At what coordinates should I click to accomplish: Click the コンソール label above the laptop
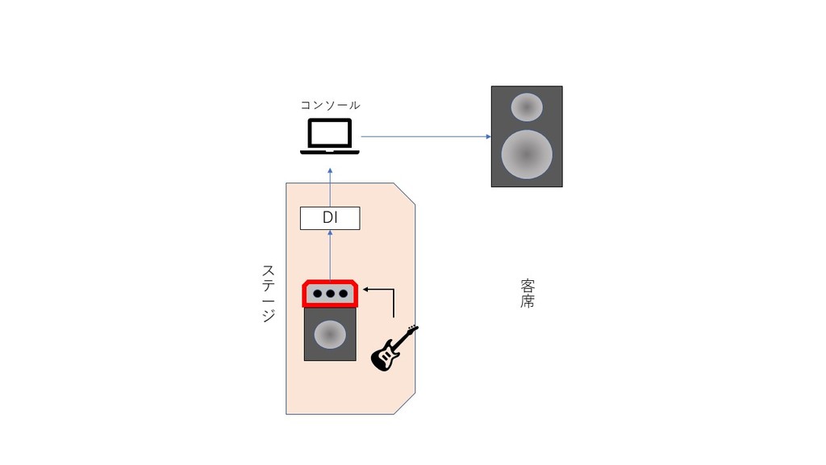(330, 106)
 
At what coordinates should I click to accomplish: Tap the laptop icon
(330, 136)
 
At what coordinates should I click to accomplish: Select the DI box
(330, 218)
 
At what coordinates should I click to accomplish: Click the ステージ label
(269, 293)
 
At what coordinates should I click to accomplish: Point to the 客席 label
(528, 293)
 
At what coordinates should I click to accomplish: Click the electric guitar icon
(394, 348)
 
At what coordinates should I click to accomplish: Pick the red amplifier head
(330, 293)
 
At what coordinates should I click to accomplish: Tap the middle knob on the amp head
(330, 294)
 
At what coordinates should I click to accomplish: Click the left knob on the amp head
(318, 294)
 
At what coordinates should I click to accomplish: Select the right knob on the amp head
(344, 294)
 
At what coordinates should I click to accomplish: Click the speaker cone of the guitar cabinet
(330, 334)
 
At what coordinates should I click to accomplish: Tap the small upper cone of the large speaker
(527, 107)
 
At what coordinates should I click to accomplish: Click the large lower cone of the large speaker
(527, 154)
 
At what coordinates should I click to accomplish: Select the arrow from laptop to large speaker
(426, 136)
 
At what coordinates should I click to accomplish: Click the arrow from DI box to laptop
(330, 187)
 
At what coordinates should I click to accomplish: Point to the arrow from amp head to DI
(330, 255)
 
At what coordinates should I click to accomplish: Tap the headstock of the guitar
(412, 329)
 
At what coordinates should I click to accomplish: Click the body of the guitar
(384, 356)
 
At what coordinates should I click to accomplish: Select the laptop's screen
(330, 133)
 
